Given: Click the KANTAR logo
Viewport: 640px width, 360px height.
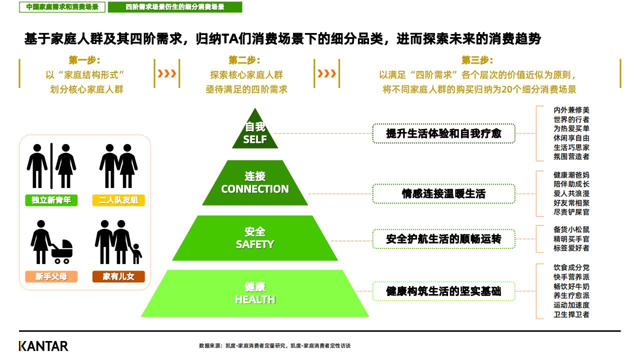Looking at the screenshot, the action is coord(43,346).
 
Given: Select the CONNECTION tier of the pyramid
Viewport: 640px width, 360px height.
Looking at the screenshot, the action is coord(255,183).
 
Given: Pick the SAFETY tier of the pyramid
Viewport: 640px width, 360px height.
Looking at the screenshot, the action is coord(255,238).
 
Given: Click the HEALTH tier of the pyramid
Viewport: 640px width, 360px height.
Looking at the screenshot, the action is coord(255,293).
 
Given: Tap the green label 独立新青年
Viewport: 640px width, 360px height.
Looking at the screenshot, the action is coord(51,200).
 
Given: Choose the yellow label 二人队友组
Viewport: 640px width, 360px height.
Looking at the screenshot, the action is coord(118,200).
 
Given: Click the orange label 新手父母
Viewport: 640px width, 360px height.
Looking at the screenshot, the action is coord(51,276).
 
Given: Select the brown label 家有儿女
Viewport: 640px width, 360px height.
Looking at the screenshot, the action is coord(118,276).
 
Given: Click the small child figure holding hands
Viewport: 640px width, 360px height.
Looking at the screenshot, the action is coord(137,253).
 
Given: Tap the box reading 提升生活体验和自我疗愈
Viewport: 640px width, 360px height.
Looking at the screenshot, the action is coord(443,133).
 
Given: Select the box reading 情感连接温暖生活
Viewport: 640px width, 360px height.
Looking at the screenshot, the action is coord(443,193).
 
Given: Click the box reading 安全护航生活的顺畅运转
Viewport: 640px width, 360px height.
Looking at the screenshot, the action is coord(443,239).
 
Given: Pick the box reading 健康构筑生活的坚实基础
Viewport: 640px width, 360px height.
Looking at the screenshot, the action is coord(443,291).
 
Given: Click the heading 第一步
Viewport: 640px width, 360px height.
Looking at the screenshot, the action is coord(84,60).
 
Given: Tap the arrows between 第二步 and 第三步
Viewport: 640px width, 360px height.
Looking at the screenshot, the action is coord(326,73).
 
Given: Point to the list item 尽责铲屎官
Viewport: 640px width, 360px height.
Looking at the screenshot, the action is coord(571,212).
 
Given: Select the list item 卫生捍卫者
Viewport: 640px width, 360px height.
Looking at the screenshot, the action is coord(571,314).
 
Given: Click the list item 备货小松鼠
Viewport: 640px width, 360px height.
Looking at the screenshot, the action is coord(571,229).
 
